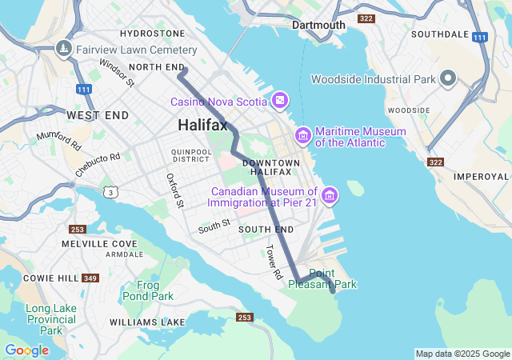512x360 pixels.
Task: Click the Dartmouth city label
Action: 318,25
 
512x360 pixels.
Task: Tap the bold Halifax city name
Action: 202,126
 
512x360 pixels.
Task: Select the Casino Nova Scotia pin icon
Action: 280,101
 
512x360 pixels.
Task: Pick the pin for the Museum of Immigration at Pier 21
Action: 330,195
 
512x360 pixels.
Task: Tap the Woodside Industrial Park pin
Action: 447,79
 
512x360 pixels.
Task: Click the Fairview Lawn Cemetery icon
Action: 63,49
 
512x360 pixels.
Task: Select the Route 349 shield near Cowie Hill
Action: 90,278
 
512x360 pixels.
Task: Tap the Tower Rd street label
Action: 274,262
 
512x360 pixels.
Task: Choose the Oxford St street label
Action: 175,190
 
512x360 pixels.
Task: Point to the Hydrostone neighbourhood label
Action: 152,34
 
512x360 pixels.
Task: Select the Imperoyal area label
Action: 481,176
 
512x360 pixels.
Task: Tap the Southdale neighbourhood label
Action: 438,34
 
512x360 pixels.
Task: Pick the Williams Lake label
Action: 147,322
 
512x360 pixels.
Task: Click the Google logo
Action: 26,350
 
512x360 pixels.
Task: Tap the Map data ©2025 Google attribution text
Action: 462,354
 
